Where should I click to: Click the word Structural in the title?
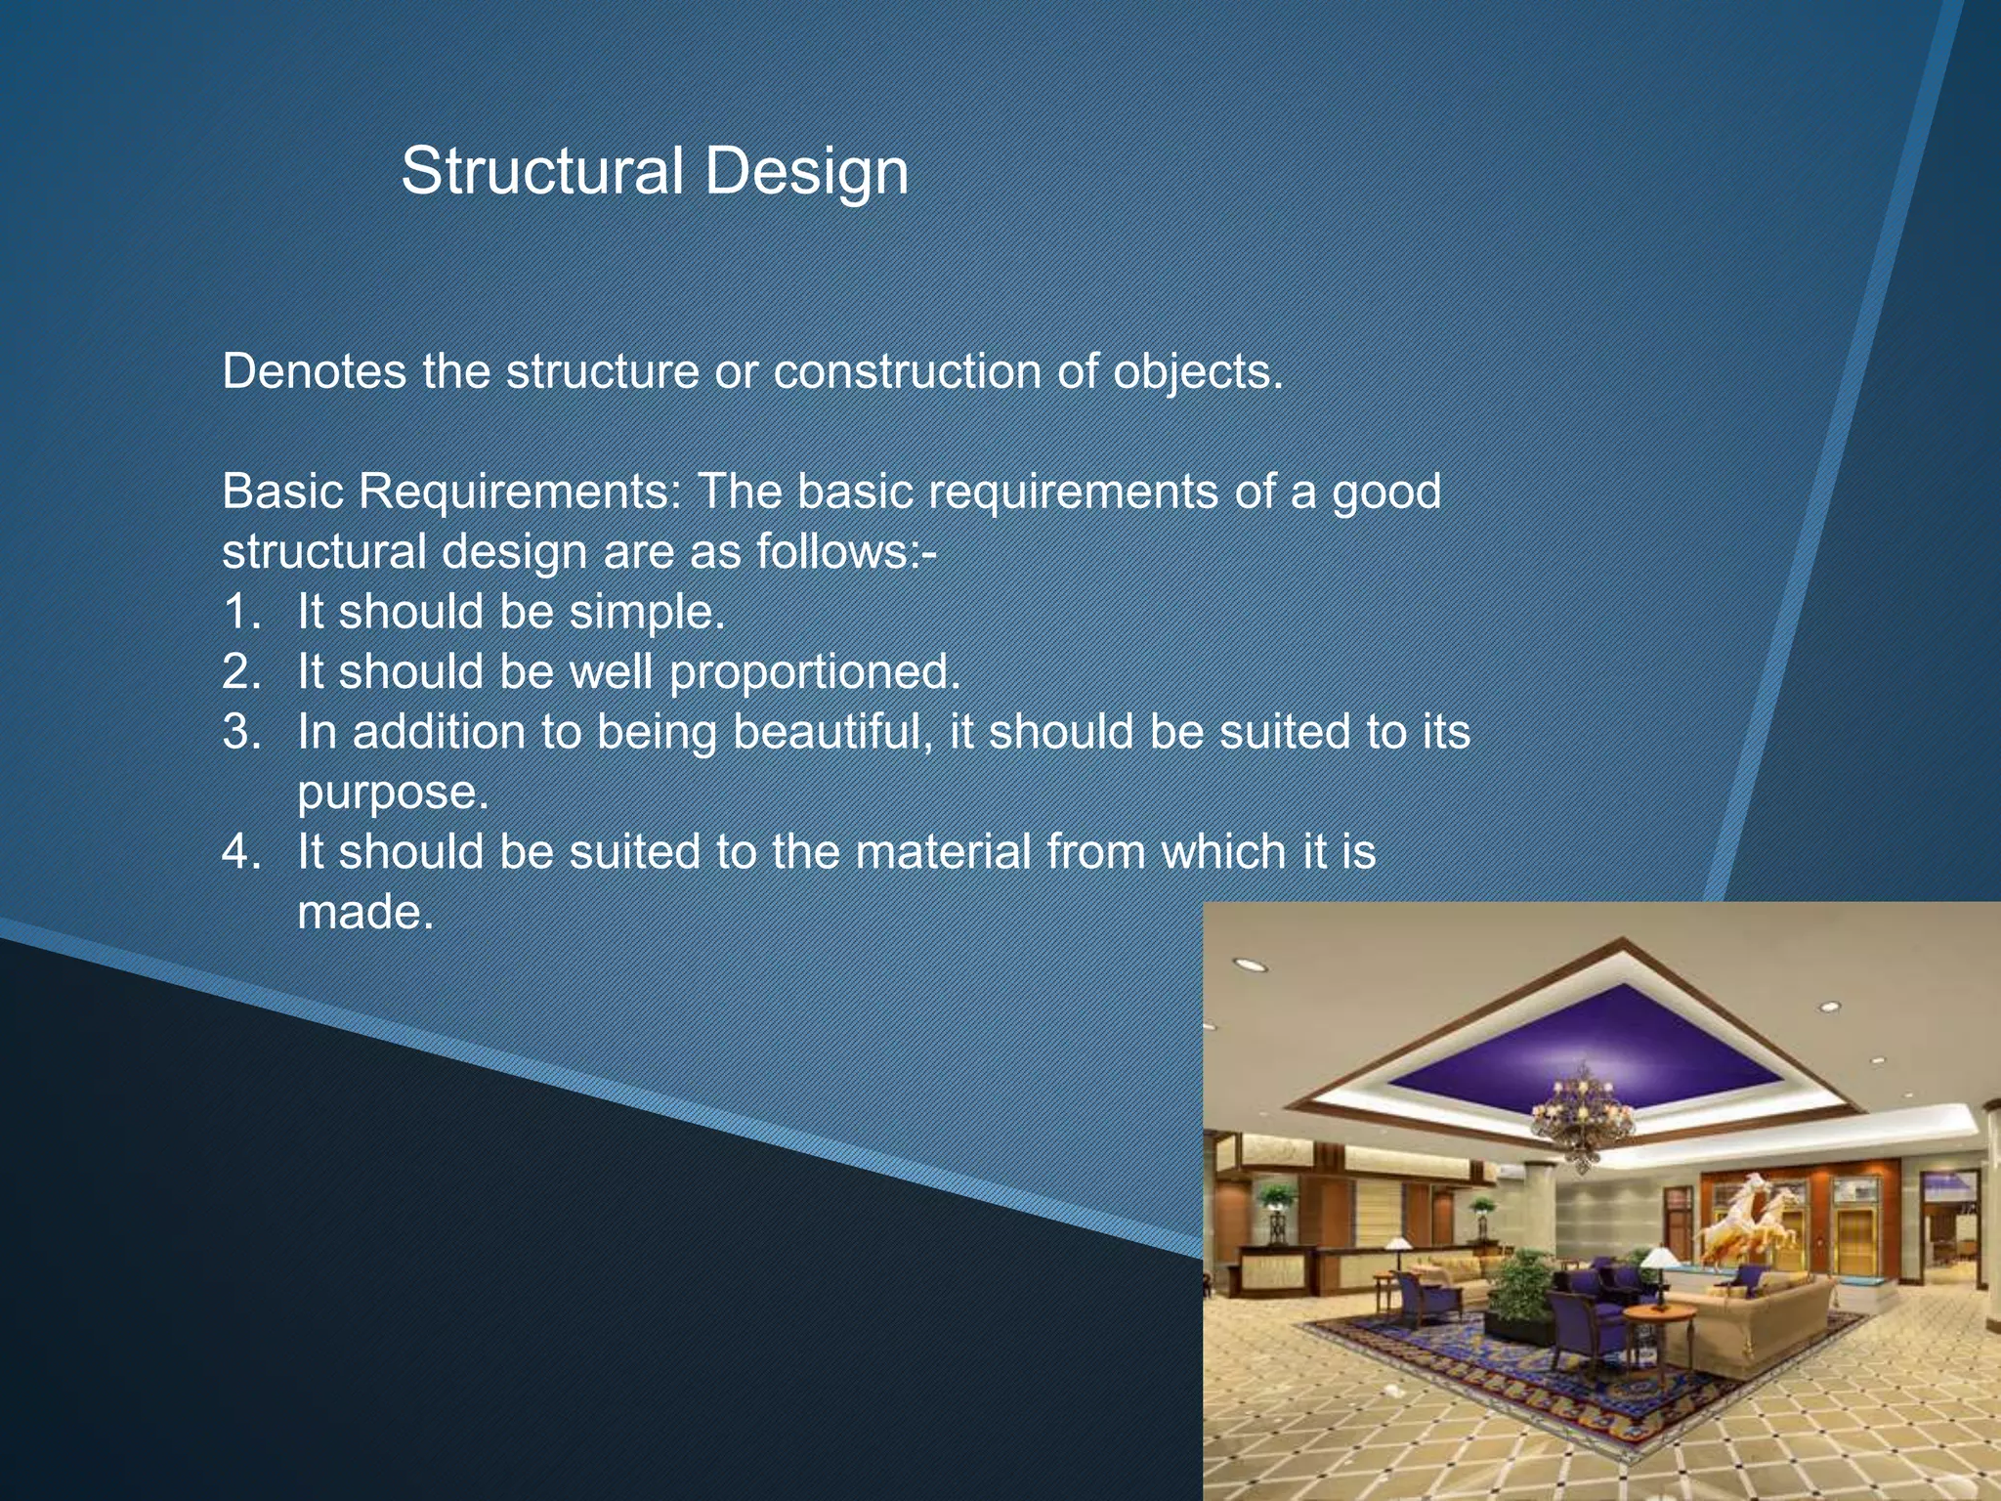(541, 171)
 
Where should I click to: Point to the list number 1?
(240, 612)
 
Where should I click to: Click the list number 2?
(240, 672)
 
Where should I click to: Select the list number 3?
(240, 732)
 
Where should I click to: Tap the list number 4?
(240, 852)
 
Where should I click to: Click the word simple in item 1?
(646, 614)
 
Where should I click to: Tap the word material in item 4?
(943, 852)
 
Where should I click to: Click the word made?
(364, 913)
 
